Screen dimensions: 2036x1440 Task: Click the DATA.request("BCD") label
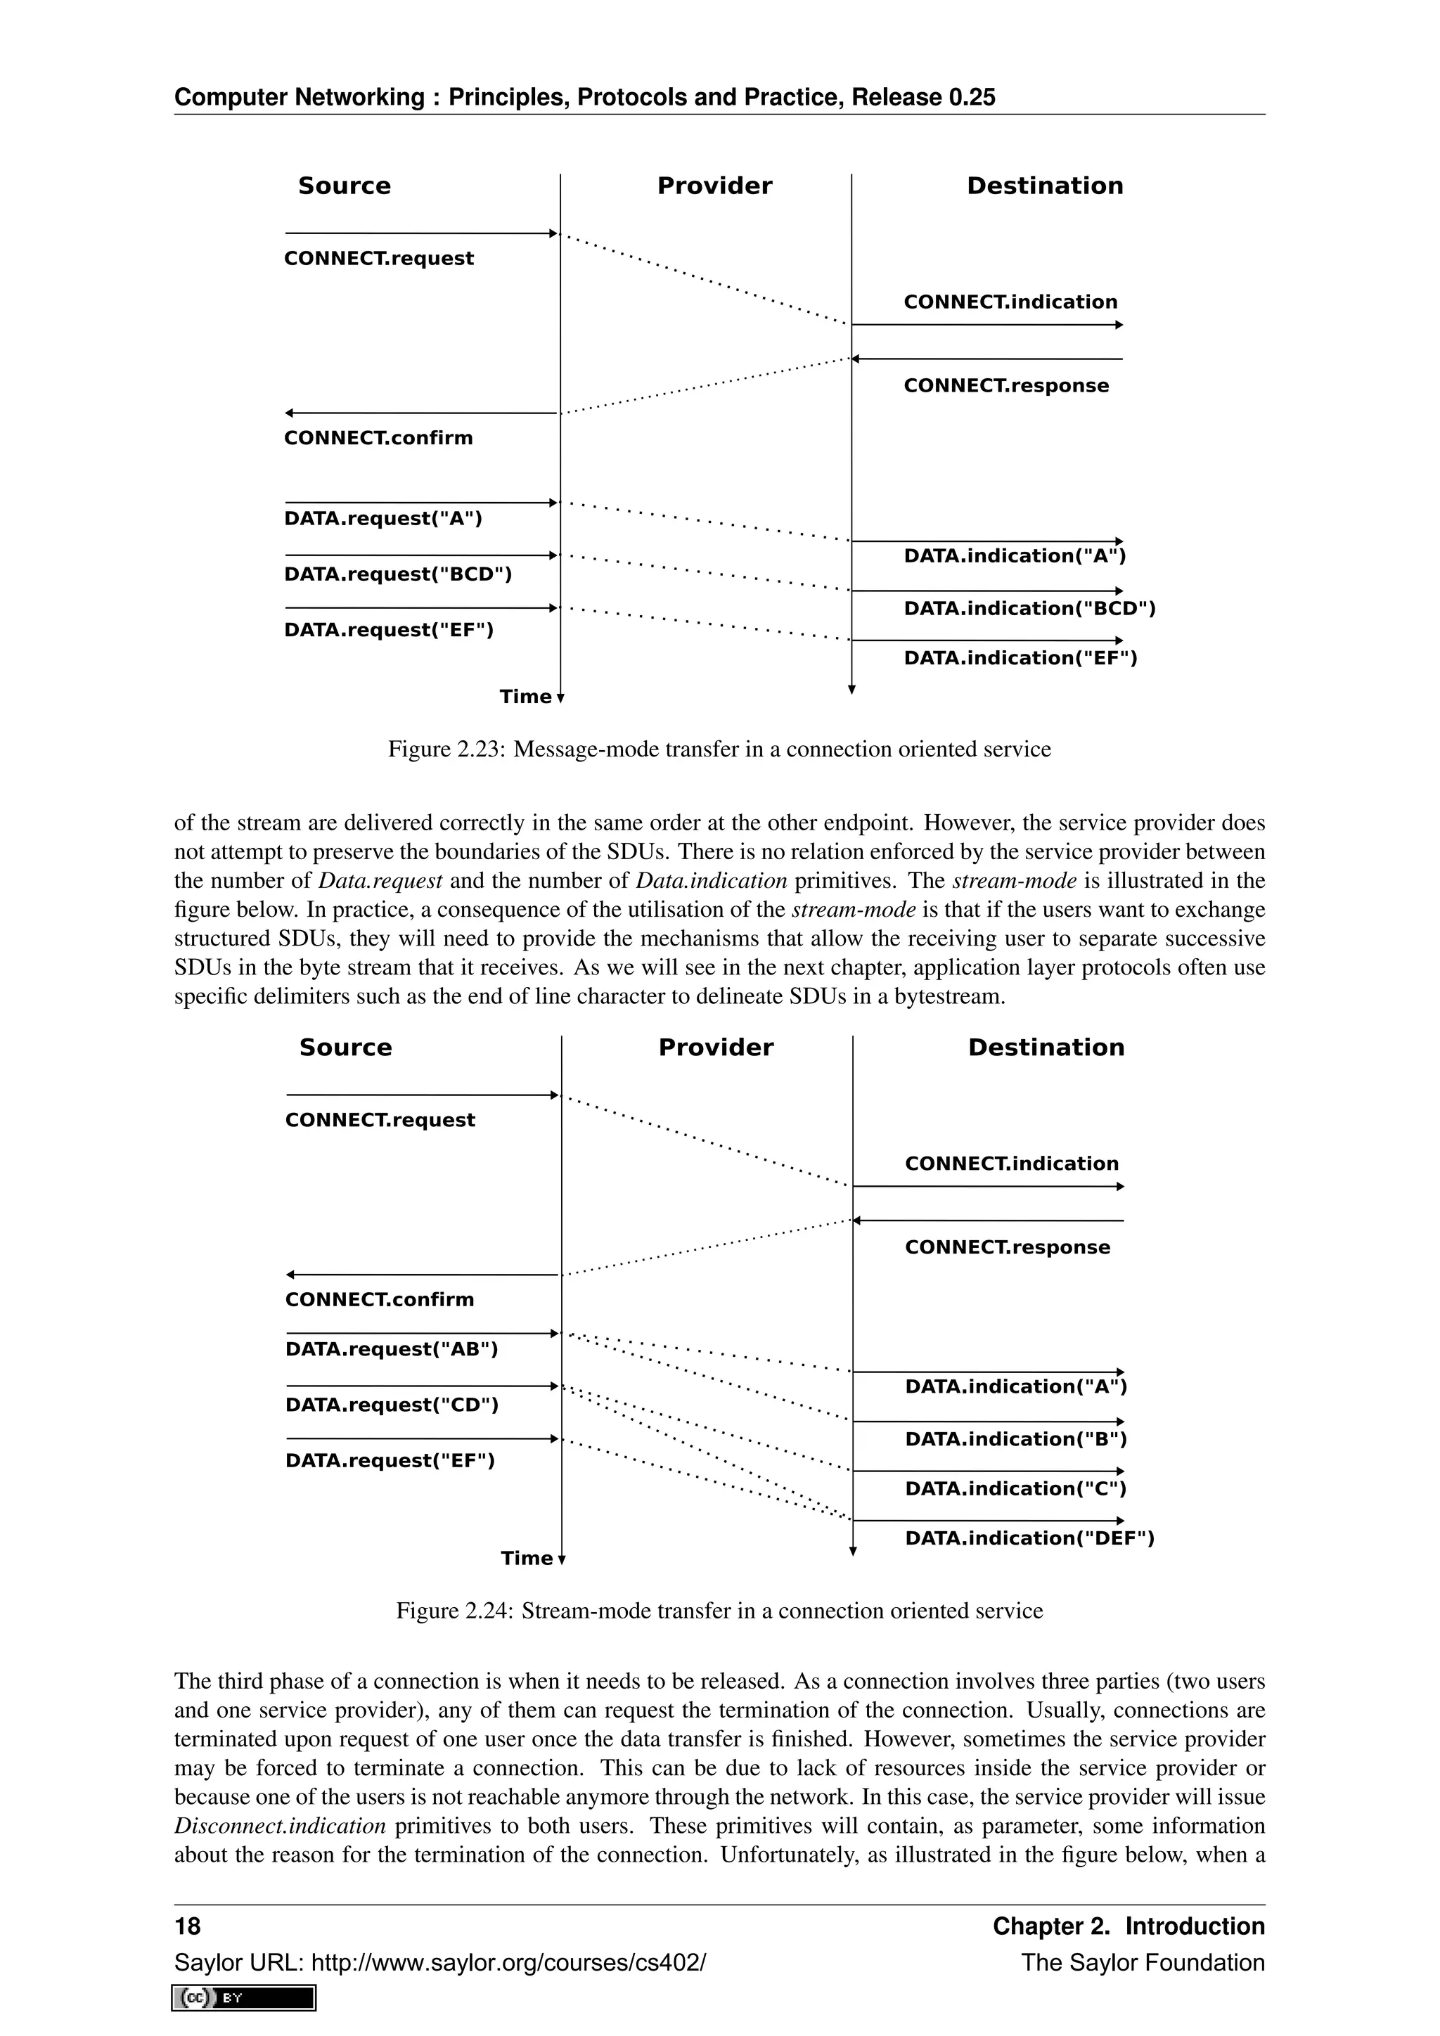click(397, 574)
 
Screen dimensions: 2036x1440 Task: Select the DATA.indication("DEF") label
click(1029, 1538)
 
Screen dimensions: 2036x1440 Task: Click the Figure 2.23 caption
click(719, 749)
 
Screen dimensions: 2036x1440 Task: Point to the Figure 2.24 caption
click(719, 1611)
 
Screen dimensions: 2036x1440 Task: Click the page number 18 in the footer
click(188, 1926)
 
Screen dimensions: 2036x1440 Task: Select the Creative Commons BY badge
click(245, 1998)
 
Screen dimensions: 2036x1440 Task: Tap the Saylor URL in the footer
click(439, 1962)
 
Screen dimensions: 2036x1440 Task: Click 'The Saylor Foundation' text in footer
click(1142, 1962)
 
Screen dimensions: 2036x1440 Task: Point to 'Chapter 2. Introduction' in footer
click(1128, 1926)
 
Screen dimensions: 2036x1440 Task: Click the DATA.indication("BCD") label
click(1029, 608)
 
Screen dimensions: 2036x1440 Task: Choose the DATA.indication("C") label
click(1015, 1488)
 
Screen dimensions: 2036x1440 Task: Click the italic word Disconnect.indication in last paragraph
click(281, 1826)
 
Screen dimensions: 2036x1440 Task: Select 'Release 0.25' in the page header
click(923, 98)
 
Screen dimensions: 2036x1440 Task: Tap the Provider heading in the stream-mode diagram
click(716, 1048)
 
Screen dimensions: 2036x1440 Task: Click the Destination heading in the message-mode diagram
click(1045, 186)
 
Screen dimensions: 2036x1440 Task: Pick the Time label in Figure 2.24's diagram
click(527, 1558)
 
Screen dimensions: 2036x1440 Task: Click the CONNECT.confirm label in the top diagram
click(378, 438)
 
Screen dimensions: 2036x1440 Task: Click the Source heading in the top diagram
click(344, 186)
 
